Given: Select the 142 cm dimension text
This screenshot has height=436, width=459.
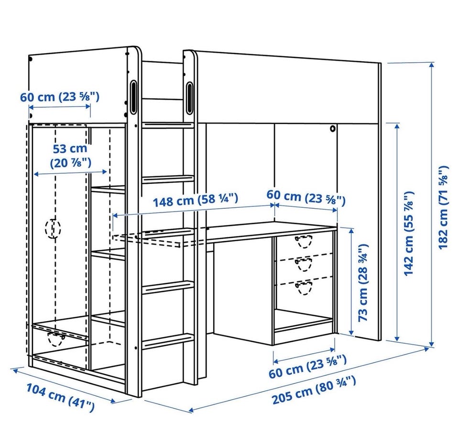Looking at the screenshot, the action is [x=409, y=234].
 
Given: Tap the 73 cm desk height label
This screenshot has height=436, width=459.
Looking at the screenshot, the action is [x=363, y=282].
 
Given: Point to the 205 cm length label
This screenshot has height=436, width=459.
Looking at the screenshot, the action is [x=314, y=390].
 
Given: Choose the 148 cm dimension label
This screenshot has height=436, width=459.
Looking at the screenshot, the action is [x=195, y=200].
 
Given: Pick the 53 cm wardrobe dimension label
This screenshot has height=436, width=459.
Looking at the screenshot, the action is [x=70, y=155].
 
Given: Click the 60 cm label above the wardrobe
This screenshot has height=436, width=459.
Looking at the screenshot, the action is [x=60, y=96].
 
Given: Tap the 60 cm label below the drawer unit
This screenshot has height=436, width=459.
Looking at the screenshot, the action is [x=307, y=366].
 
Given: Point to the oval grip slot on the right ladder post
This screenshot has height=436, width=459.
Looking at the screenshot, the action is [x=189, y=98].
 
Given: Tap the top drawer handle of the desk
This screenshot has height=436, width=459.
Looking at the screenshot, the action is [x=303, y=241].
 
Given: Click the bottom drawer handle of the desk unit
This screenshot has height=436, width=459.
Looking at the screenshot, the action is [x=304, y=288].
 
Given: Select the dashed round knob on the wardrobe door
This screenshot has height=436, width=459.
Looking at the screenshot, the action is [x=53, y=228].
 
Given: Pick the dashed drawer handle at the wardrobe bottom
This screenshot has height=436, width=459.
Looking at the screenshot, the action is [x=56, y=339].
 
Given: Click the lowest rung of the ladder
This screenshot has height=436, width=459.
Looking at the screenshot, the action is [x=168, y=340].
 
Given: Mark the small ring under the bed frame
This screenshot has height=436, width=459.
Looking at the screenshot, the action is [x=333, y=128].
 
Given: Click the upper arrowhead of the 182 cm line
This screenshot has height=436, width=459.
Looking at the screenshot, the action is [x=431, y=65].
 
